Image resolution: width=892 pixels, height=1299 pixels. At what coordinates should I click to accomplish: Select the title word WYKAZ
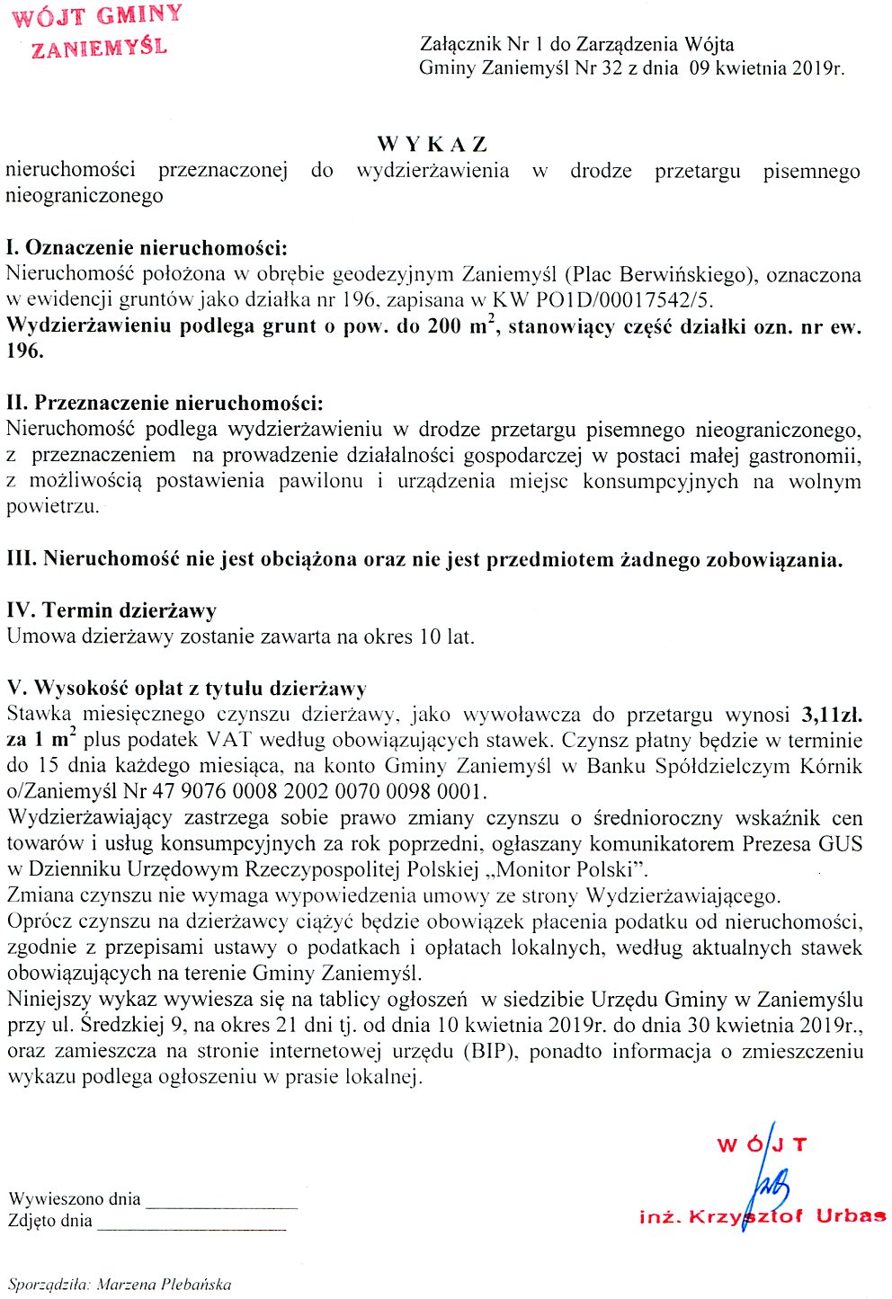coord(432,144)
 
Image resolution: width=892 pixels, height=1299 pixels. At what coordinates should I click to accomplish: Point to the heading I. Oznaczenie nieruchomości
coord(147,248)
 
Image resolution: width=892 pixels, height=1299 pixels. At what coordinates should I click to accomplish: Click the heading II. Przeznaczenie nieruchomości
coord(165,404)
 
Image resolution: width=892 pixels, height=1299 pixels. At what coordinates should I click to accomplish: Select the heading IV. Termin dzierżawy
coord(111,611)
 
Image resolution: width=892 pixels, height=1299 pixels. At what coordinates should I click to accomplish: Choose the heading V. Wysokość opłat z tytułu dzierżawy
coord(186,689)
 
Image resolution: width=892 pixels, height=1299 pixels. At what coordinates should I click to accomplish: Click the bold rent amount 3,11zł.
coord(831,716)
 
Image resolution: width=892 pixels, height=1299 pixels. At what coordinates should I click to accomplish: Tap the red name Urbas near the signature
coord(851,1216)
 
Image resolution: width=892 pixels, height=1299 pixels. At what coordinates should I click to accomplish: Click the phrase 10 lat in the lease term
coord(446,637)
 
